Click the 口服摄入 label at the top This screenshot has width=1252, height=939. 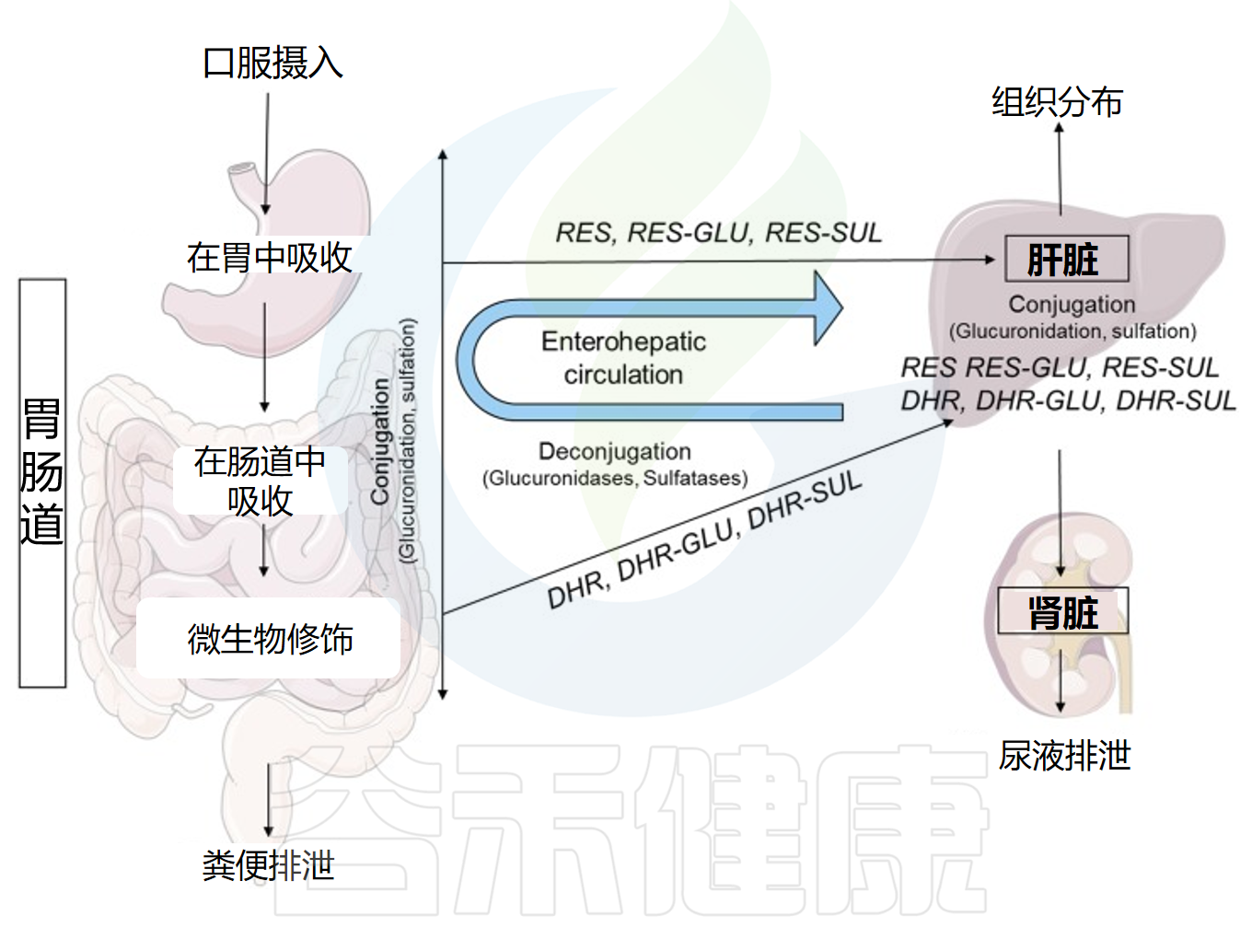(272, 64)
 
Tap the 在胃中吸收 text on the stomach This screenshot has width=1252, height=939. (270, 258)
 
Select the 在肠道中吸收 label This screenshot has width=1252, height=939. (260, 481)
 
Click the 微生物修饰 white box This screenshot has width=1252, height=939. (269, 639)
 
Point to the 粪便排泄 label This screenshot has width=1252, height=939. (268, 865)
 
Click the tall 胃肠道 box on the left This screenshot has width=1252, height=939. (42, 482)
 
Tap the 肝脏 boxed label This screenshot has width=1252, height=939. (1065, 260)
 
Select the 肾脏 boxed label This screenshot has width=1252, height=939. (1063, 612)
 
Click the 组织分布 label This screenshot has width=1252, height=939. (1058, 102)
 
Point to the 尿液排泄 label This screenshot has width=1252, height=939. (1064, 756)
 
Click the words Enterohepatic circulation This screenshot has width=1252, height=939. (623, 358)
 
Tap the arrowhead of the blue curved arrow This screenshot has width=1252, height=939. (828, 307)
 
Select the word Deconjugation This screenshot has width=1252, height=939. (615, 451)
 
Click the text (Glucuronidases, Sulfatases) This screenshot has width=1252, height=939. (615, 479)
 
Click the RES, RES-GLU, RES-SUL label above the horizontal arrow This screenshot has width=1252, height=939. (718, 233)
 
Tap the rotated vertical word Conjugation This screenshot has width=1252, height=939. (379, 441)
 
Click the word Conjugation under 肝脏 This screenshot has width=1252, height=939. (1072, 304)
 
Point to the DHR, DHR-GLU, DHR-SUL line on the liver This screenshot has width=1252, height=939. (1068, 400)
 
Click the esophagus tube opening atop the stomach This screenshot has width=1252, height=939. (243, 170)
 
